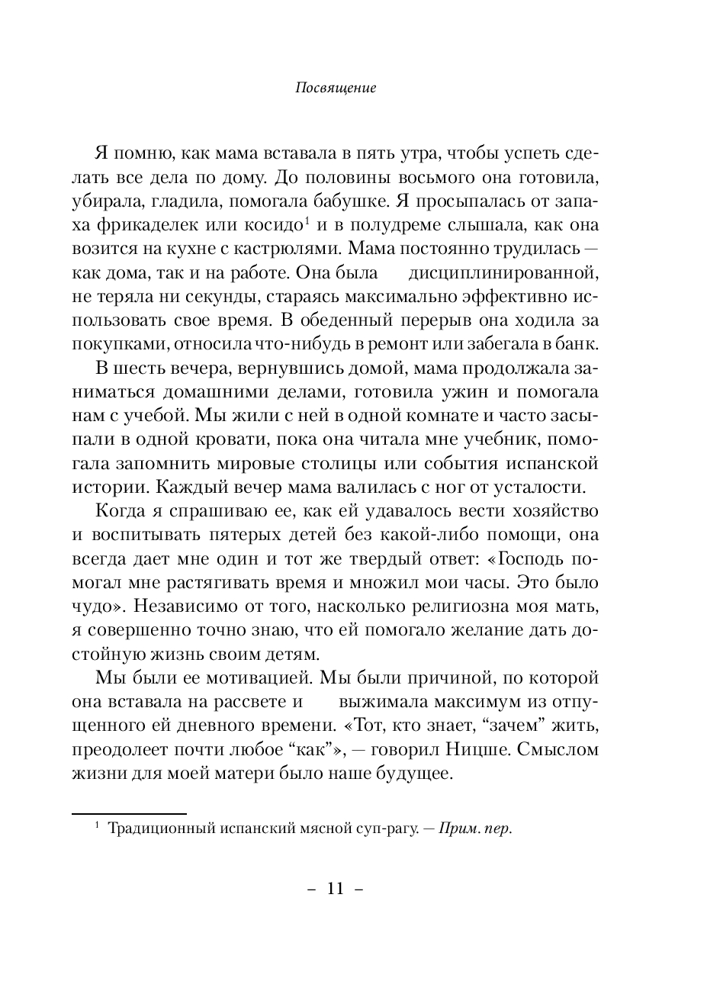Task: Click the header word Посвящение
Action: pyautogui.click(x=335, y=88)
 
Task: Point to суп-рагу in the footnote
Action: pyautogui.click(x=385, y=829)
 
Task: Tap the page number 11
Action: pyautogui.click(x=336, y=889)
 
